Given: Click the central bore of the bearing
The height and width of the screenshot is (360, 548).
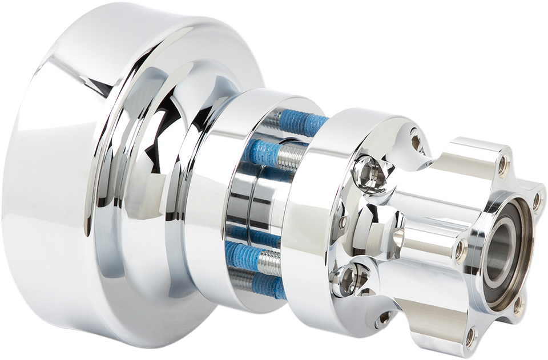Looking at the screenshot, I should pos(502,254).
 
